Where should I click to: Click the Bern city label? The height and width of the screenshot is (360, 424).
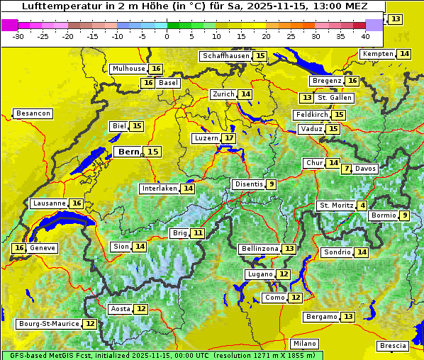tap(128, 152)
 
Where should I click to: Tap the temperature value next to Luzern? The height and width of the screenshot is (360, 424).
tap(229, 138)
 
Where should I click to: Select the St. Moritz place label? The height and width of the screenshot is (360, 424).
tap(335, 206)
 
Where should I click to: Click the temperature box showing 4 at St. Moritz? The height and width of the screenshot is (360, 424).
tap(363, 206)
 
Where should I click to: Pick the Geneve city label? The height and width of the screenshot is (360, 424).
tap(43, 248)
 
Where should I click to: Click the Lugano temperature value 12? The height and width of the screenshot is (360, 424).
tap(284, 274)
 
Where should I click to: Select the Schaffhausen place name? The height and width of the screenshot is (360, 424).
tap(225, 56)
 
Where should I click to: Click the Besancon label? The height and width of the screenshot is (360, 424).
tap(33, 113)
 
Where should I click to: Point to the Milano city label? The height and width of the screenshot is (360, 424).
tap(305, 343)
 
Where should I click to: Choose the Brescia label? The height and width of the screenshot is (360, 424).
tap(393, 346)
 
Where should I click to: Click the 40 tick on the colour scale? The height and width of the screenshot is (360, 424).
tap(365, 36)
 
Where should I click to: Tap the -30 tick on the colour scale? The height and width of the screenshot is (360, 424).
tap(18, 36)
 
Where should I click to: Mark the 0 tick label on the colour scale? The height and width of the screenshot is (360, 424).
tap(167, 36)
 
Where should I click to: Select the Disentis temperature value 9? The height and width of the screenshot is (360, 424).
tap(271, 184)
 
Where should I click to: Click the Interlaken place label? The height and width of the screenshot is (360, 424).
tap(158, 189)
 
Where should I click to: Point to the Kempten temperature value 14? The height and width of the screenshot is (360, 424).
tap(404, 54)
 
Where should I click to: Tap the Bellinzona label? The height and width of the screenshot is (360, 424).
tap(259, 249)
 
